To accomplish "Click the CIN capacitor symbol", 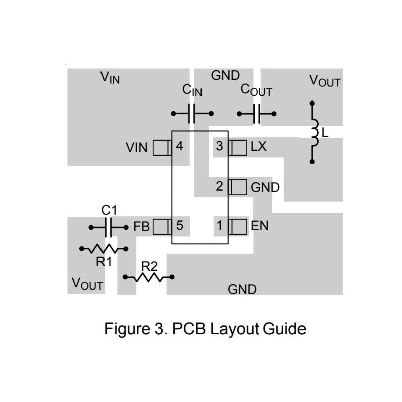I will coord(193,114).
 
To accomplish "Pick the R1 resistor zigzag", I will coord(104,248).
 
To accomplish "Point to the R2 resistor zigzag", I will coord(149,277).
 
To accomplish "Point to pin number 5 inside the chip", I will coord(179,226).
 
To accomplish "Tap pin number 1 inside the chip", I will coord(219,226).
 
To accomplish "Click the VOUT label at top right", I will coord(325,81).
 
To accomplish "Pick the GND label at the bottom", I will coord(242,289).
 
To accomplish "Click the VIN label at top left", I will coord(110,78).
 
